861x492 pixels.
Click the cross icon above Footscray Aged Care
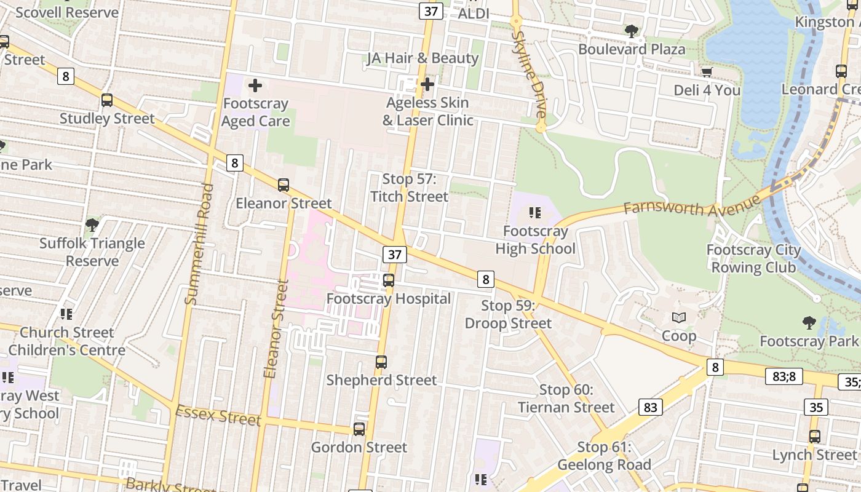(255, 85)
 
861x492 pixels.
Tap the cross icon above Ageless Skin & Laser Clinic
(427, 84)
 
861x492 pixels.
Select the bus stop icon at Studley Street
(107, 100)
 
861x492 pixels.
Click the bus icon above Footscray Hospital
(389, 280)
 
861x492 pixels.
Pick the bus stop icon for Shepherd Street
(381, 362)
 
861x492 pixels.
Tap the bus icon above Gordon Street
(359, 429)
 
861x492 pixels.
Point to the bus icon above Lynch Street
(815, 437)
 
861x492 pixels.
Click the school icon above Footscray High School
(535, 213)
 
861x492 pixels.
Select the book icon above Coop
(679, 317)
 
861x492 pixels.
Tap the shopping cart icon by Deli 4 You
(707, 72)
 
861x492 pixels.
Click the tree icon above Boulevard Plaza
(631, 31)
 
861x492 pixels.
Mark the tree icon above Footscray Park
(809, 322)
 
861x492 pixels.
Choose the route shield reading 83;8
(784, 376)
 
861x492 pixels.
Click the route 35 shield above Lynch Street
(815, 407)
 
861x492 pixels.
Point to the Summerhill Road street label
(199, 244)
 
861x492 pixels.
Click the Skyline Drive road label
(529, 74)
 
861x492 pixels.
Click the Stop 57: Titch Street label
(409, 188)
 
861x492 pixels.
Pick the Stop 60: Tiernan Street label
(566, 399)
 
